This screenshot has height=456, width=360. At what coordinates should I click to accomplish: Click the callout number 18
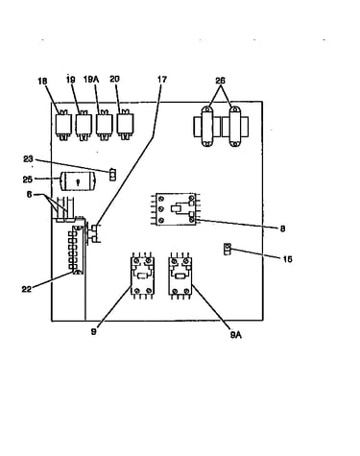[x=42, y=82]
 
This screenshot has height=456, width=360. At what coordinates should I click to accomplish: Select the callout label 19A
[x=91, y=79]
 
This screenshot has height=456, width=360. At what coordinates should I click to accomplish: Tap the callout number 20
[x=114, y=79]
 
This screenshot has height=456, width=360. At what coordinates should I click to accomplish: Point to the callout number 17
[x=162, y=79]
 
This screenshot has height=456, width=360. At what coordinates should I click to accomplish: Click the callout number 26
[x=220, y=81]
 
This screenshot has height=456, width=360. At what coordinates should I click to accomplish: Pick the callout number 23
[x=28, y=158]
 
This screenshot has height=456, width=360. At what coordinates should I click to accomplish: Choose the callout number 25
[x=28, y=180]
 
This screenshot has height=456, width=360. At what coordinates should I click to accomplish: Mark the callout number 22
[x=27, y=289]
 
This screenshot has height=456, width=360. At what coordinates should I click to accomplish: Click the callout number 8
[x=282, y=228]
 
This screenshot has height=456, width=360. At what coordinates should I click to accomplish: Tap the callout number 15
[x=287, y=259]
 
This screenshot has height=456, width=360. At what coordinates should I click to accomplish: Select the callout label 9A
[x=235, y=335]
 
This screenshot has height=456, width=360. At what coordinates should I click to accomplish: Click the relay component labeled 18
[x=63, y=125]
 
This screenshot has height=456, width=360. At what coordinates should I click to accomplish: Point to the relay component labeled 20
[x=125, y=125]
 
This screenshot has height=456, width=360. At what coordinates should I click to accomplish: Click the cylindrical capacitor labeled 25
[x=78, y=180]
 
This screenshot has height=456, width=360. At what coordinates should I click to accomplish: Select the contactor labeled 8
[x=176, y=209]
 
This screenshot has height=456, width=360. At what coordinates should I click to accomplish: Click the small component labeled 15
[x=227, y=249]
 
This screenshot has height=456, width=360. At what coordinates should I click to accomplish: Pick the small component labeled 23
[x=112, y=174]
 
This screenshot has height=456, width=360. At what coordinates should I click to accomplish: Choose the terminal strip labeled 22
[x=77, y=250]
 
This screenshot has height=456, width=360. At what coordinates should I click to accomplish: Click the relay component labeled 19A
[x=105, y=125]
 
